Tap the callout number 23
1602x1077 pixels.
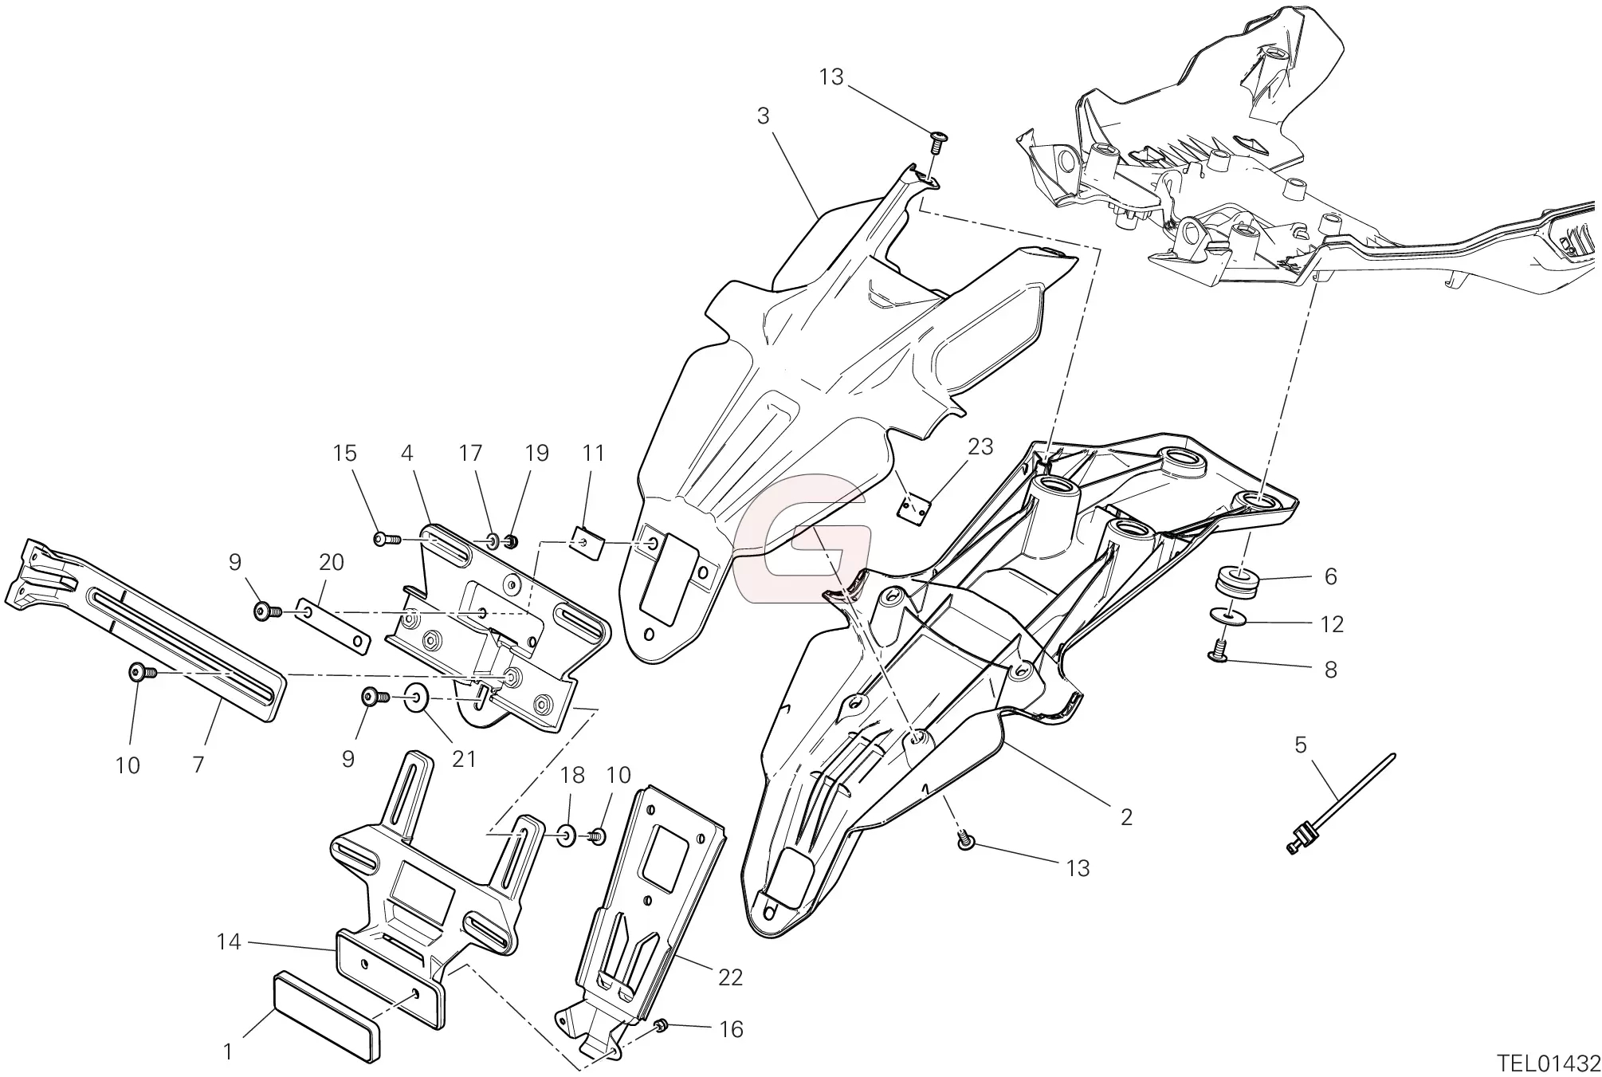point(980,447)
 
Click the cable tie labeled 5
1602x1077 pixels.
point(1341,806)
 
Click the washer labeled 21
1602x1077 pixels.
point(417,698)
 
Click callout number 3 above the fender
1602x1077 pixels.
point(763,116)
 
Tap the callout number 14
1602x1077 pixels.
point(228,941)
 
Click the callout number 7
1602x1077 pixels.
point(198,765)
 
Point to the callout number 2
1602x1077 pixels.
point(1125,817)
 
